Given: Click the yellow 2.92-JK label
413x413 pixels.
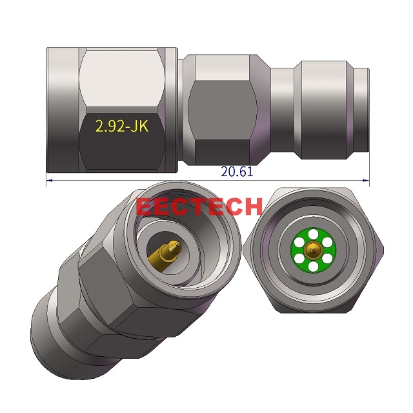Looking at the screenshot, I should (122, 126).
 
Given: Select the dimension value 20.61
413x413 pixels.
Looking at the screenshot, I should (237, 172).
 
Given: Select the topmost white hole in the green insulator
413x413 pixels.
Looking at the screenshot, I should (314, 234).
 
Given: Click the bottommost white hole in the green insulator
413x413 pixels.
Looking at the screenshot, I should (314, 265).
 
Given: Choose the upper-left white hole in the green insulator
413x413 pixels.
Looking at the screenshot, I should (300, 242).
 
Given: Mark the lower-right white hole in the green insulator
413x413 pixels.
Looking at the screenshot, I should (327, 257).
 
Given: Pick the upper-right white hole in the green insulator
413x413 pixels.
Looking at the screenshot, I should (327, 242).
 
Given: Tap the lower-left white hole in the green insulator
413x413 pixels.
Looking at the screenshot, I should (300, 257).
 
